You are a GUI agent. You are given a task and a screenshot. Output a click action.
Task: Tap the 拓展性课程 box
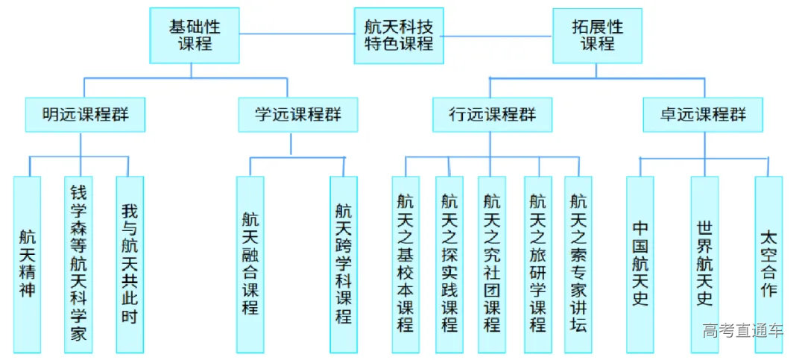tap(597, 35)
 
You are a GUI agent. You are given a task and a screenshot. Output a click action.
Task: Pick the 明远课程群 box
tap(83, 116)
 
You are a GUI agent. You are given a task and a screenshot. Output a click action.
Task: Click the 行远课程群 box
tap(492, 116)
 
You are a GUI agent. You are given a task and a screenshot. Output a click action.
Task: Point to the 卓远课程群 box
tap(703, 116)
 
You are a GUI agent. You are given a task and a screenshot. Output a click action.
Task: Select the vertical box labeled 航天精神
tap(27, 265)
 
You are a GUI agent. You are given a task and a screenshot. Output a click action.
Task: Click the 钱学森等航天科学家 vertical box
tap(78, 265)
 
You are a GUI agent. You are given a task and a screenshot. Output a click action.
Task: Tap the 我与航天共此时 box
tap(129, 265)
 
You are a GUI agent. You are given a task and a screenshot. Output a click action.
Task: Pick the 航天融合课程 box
tap(250, 265)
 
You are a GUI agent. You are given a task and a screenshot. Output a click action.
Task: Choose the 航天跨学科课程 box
tap(344, 265)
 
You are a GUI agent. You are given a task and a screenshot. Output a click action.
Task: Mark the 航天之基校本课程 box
tap(405, 265)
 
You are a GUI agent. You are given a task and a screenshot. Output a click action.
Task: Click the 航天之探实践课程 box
tap(449, 265)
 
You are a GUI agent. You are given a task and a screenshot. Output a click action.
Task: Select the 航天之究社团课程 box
tap(492, 265)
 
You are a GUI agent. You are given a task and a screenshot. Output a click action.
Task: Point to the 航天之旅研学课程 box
tap(537, 265)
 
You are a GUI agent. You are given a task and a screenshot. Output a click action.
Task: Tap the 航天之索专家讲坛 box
tap(578, 265)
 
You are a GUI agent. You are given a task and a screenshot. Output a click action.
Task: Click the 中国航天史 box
tap(640, 265)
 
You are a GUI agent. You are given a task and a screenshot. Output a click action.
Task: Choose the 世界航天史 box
tap(704, 265)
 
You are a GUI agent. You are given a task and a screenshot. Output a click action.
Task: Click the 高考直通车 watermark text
tap(742, 331)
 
